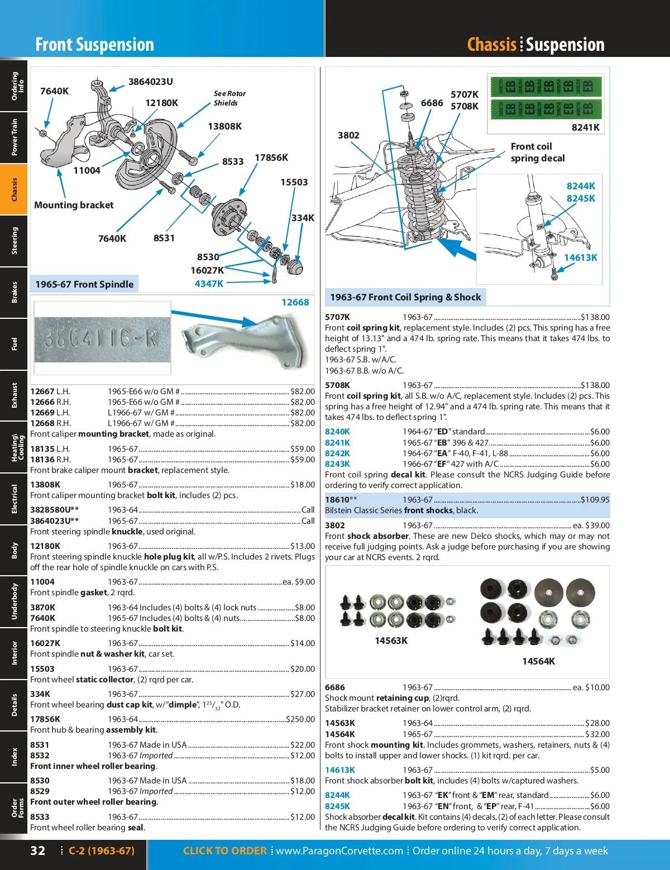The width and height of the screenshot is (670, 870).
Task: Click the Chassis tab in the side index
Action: pos(14,190)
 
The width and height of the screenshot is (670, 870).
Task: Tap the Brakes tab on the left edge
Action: pos(14,292)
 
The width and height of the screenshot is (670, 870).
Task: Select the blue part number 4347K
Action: pos(209,284)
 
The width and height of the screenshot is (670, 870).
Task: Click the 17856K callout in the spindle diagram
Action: pos(271,158)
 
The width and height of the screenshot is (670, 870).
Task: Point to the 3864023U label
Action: pos(151,82)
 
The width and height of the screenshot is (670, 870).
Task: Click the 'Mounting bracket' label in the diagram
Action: pos(74,205)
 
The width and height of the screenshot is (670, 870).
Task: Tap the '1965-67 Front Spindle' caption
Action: pos(84,284)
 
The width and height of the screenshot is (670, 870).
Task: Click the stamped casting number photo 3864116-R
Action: pos(102,339)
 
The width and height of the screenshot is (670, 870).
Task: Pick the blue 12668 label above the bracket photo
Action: pos(295,302)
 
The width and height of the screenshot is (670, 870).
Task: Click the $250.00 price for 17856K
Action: pos(300,719)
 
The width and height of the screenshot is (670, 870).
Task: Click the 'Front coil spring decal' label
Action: pos(537,152)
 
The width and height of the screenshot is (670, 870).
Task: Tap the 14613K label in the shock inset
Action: pos(580,257)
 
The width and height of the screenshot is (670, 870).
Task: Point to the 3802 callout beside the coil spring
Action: pos(348,135)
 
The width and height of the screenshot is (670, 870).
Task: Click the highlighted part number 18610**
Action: pos(341,500)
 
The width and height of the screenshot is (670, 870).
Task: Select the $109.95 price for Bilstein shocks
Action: pos(595,500)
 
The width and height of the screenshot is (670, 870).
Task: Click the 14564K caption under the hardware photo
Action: pos(538,661)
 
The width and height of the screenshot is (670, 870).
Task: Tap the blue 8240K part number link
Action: pos(337,432)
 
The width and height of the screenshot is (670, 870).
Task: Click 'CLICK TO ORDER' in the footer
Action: pos(224,851)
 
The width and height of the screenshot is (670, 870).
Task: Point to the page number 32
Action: pos(37,851)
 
